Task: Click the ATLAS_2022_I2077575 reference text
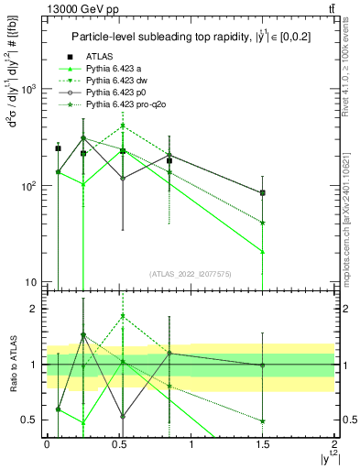(x=191, y=274)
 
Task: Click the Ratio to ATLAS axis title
(x=11, y=365)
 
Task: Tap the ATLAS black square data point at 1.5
(x=263, y=193)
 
